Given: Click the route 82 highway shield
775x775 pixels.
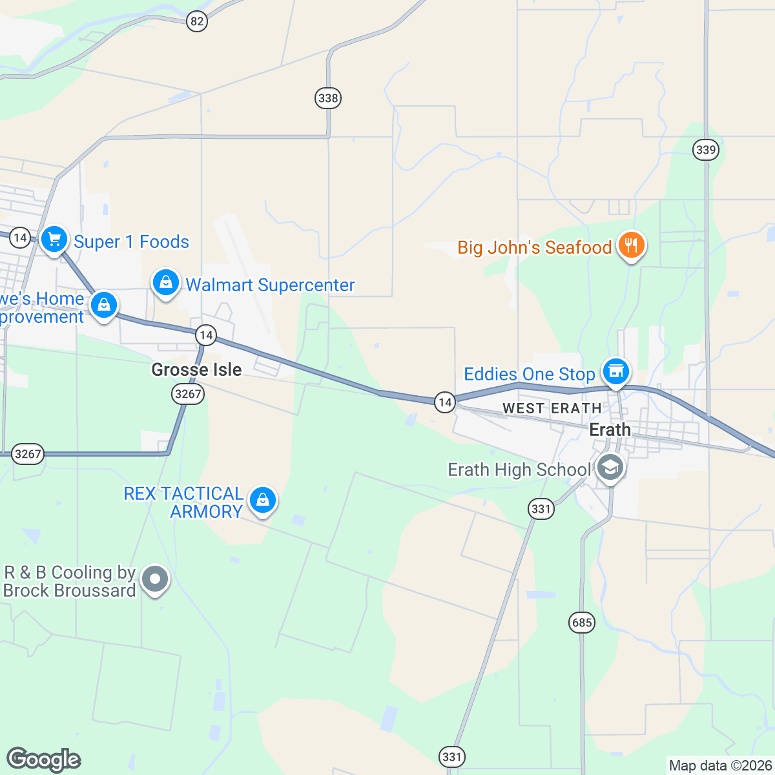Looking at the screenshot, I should [197, 21].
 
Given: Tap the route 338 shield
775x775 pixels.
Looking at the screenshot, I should [328, 98].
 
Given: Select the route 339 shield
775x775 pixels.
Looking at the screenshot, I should [706, 150].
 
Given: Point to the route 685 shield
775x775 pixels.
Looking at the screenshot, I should [582, 623].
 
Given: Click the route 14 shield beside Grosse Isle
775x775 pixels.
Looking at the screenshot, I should [206, 335].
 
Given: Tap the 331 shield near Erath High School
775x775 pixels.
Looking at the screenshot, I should [541, 509].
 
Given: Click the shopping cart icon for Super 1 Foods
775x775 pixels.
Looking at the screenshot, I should [54, 239].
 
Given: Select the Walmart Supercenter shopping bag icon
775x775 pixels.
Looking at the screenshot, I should [166, 283].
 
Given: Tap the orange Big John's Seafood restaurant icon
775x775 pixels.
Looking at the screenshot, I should [631, 245].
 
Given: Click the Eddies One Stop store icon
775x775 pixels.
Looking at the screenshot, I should [616, 371].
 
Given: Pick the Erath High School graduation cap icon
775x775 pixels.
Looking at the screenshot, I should [610, 467].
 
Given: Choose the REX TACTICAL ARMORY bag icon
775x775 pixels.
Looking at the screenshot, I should [262, 500].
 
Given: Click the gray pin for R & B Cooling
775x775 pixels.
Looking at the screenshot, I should [154, 579].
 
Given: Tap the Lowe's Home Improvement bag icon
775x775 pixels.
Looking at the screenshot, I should [104, 305].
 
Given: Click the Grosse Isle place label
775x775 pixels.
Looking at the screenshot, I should [196, 369].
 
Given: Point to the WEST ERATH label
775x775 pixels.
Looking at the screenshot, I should [552, 408].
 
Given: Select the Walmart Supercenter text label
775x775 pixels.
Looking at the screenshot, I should [270, 285].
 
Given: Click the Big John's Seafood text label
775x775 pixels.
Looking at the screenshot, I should [534, 247].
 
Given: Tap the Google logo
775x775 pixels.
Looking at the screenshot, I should [44, 759].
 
